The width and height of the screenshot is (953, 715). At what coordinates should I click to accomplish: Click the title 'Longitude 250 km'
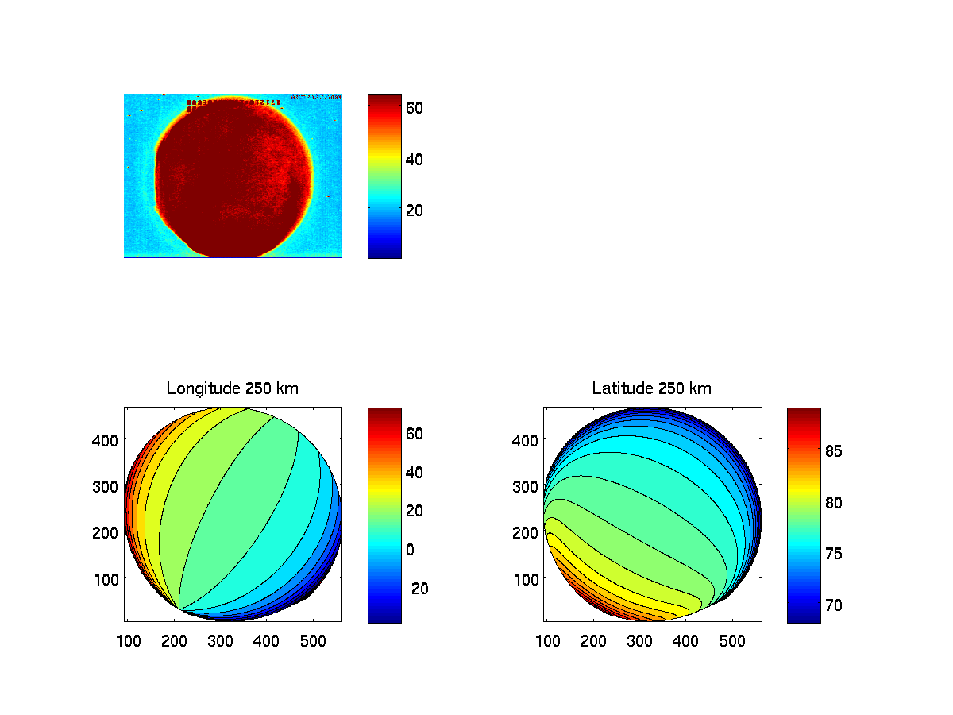click(233, 388)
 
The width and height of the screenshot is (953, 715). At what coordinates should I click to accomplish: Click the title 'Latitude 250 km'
click(652, 388)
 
